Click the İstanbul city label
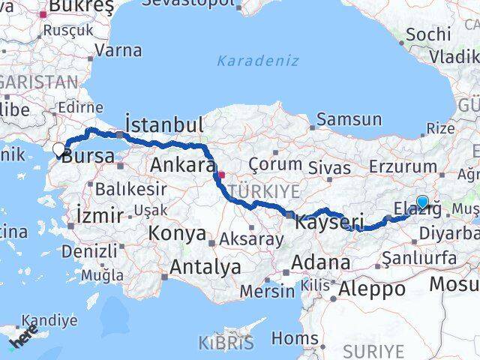164,124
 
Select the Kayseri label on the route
329,222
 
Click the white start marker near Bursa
59,149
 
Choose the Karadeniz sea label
258,60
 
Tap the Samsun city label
349,118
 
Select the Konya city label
178,233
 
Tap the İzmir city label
100,216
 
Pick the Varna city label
118,51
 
